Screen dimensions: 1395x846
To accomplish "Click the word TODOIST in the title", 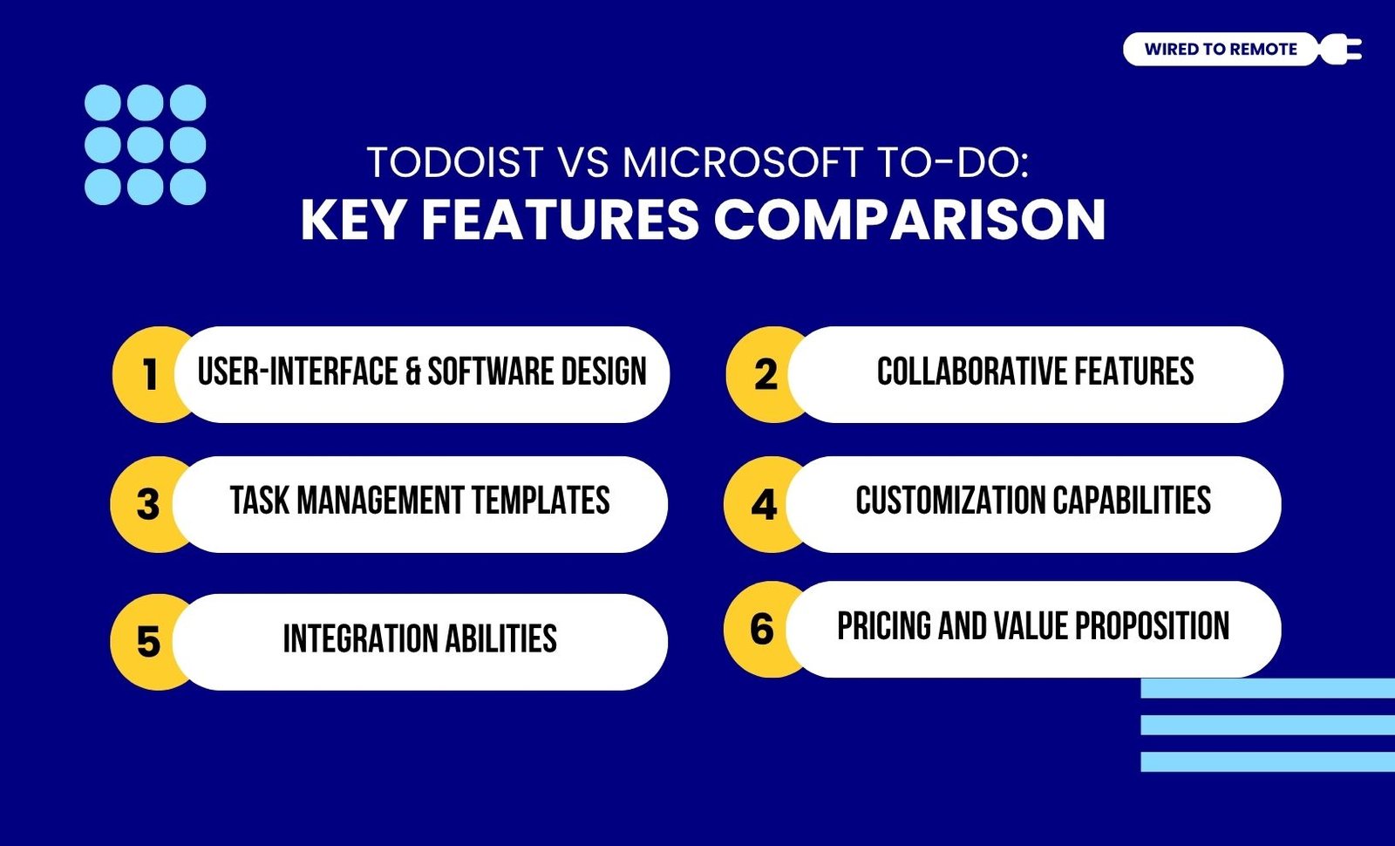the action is pos(455,162).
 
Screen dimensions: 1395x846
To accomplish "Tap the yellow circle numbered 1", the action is pos(149,374).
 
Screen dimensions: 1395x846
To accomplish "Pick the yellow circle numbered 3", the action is pos(147,504).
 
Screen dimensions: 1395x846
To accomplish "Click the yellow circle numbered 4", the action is pos(762,504).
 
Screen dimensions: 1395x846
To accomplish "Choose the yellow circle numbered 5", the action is pos(147,642).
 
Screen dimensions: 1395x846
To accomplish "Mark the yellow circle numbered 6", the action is pos(762,629).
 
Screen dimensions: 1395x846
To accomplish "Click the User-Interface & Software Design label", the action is pos(422,372).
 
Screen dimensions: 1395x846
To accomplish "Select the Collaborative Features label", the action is pos(1035,372).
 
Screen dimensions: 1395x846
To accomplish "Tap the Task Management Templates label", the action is pos(419,501).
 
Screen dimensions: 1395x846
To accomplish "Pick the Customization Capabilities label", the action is pos(1033,501).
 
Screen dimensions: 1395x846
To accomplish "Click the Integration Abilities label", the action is pos(419,639).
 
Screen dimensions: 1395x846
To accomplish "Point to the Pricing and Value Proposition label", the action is pos(1033,626).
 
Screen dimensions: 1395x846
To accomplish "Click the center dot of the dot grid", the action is pos(145,145).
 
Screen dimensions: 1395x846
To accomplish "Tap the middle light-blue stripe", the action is pos(1268,725).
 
